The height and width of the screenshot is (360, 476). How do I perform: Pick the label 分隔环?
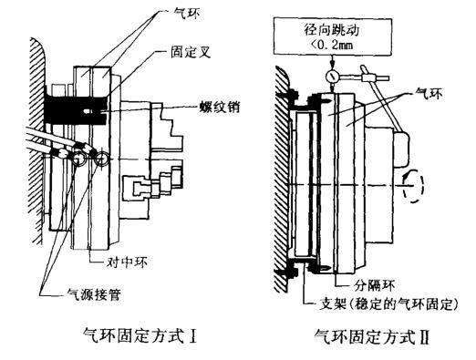[x=376, y=284]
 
